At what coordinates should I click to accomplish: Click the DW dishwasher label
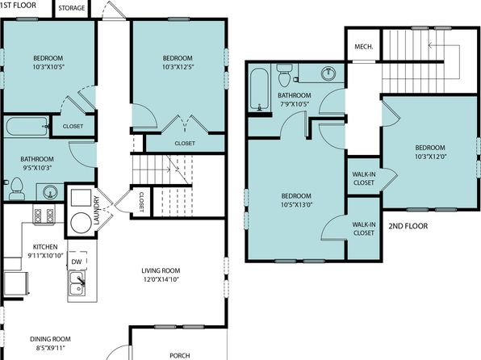click(x=77, y=262)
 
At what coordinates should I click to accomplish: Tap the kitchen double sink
click(x=77, y=283)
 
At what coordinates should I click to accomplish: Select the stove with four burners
click(x=44, y=215)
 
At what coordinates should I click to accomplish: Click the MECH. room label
click(x=364, y=47)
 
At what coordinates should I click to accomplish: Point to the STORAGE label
click(x=72, y=8)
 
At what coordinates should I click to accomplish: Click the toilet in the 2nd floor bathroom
click(x=285, y=75)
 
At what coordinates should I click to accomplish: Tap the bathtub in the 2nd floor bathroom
click(x=260, y=89)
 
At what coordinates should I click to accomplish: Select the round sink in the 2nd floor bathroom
click(x=328, y=73)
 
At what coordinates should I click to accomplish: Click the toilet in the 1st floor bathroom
click(x=17, y=189)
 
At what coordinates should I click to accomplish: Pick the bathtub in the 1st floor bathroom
click(x=27, y=126)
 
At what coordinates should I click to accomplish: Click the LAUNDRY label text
click(x=96, y=211)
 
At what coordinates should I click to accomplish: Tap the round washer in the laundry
click(x=81, y=223)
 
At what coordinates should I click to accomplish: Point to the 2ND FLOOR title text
click(x=408, y=226)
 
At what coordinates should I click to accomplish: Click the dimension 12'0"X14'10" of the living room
click(x=161, y=279)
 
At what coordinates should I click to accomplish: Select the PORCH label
click(x=180, y=355)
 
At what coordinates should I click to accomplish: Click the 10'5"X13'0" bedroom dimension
click(x=296, y=205)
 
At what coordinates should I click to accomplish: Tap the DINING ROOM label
click(x=50, y=339)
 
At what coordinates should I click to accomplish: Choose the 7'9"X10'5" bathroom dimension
click(x=295, y=104)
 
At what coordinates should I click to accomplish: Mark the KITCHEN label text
click(x=45, y=247)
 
